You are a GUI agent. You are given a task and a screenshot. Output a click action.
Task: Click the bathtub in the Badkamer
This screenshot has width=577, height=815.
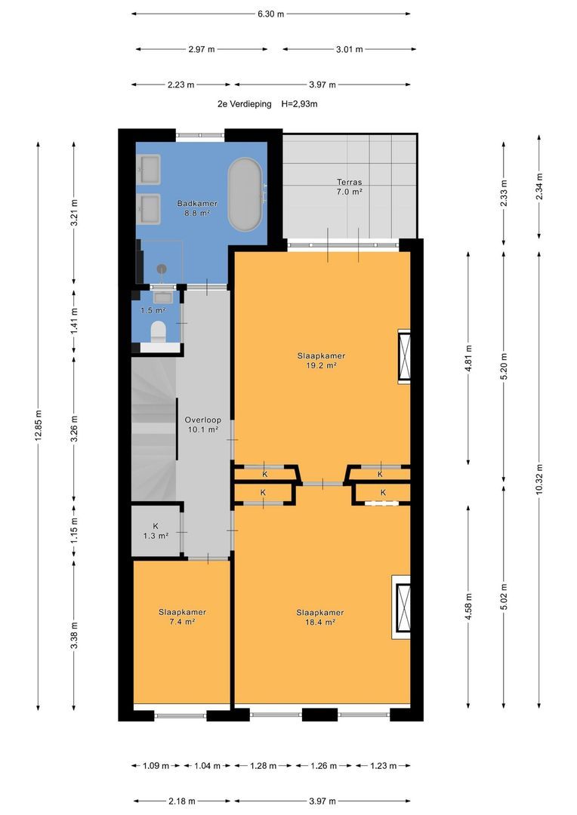pos(244,195)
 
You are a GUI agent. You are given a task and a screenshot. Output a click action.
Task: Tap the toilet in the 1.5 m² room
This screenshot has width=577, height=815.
pos(158,332)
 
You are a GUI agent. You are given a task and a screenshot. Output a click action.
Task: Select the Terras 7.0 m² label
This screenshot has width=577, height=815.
pos(349,187)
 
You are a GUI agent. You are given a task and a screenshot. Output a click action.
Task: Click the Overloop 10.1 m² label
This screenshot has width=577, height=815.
pos(203,425)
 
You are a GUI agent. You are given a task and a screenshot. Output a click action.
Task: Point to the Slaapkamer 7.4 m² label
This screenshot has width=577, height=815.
pos(182,617)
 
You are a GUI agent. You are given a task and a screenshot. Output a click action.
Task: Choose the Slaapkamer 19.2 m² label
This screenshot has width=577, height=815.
pos(321,361)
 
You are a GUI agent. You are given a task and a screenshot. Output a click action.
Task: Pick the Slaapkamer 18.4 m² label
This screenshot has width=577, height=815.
pos(320,617)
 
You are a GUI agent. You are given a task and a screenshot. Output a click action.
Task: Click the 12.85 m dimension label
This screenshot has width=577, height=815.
pos(38,426)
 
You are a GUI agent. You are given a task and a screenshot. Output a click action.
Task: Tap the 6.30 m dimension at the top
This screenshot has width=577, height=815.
pos(270,14)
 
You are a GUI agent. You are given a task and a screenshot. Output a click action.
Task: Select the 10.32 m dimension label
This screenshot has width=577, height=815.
pos(539,479)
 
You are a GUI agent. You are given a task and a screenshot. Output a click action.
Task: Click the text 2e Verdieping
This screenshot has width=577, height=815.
pos(245,104)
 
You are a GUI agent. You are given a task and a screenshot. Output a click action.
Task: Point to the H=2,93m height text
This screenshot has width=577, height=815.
pos(299,104)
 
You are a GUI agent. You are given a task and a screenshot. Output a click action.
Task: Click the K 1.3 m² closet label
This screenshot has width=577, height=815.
pos(156,531)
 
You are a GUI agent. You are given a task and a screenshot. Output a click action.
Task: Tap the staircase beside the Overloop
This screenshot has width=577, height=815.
pos(153,429)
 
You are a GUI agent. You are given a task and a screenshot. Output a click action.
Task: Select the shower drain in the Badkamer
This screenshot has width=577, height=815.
pos(162,269)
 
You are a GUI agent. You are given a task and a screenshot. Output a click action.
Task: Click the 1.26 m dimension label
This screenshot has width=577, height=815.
pos(323,766)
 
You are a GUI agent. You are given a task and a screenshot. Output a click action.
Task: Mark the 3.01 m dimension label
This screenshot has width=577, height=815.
pos(349,49)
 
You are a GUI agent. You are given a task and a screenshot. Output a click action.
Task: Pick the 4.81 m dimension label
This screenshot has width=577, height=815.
pos(468,358)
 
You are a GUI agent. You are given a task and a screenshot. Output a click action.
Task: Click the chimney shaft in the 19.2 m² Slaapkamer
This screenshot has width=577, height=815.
pos(404,356)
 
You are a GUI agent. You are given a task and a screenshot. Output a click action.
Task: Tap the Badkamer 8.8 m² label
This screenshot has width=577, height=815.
pos(196,208)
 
